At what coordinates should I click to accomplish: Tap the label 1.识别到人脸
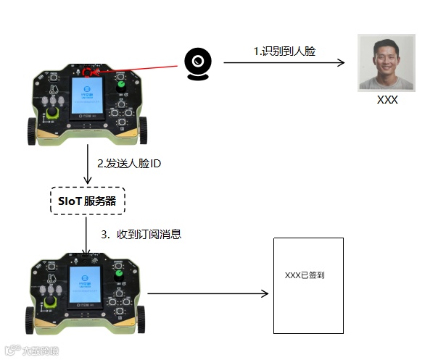click(284, 51)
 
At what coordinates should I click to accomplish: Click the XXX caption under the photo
click(387, 101)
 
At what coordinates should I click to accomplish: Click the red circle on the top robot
click(88, 72)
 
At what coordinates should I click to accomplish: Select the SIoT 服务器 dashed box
click(87, 201)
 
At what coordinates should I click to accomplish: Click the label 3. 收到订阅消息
click(141, 234)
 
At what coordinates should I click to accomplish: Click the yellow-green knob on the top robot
click(52, 116)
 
